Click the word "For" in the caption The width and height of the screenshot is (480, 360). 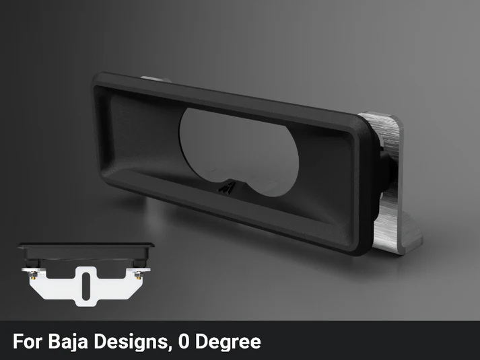(x=27, y=341)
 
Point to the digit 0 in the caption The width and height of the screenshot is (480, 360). (x=184, y=341)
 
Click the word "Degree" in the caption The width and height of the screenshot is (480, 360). (x=228, y=342)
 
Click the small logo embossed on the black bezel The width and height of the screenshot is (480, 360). (x=228, y=186)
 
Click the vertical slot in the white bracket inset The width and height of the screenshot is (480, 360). (x=86, y=286)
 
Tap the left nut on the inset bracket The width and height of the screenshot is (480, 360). (x=32, y=275)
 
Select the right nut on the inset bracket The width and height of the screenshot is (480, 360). (x=139, y=275)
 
